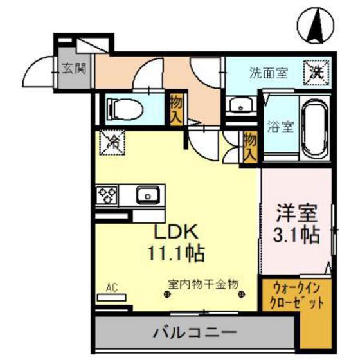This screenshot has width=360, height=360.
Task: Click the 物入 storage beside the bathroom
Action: pyautogui.click(x=250, y=146)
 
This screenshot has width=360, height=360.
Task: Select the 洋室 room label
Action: pyautogui.click(x=295, y=213)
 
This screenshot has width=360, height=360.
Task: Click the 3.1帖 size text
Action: pyautogui.click(x=295, y=234)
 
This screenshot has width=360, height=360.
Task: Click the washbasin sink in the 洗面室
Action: pyautogui.click(x=240, y=105)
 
